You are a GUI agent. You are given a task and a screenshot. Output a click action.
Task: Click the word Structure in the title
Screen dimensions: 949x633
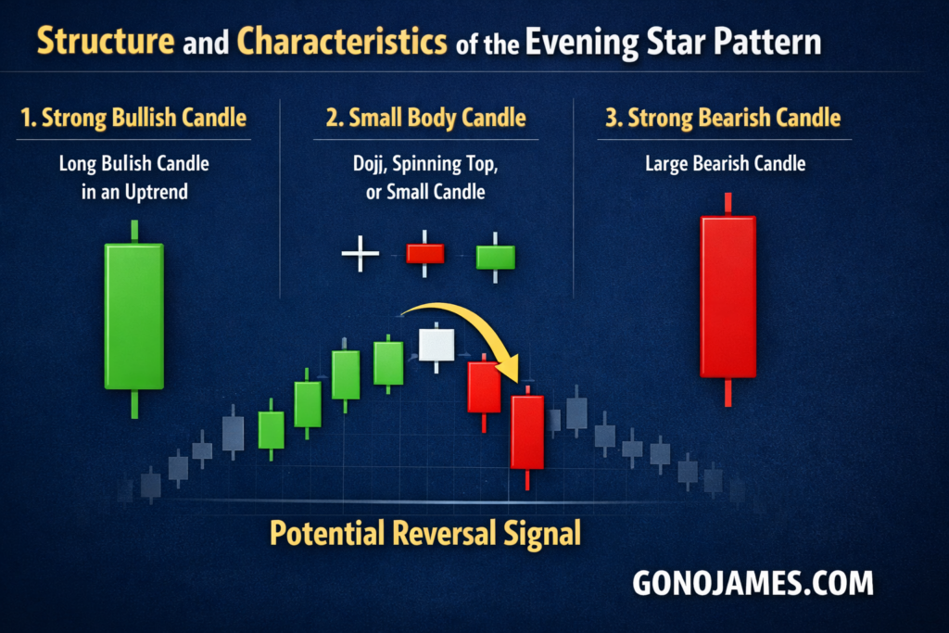106,41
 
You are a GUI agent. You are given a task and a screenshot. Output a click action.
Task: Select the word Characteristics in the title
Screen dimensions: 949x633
342,41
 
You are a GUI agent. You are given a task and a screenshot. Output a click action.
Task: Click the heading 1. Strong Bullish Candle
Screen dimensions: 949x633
133,118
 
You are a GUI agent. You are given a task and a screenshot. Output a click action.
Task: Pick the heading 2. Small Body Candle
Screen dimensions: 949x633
426,118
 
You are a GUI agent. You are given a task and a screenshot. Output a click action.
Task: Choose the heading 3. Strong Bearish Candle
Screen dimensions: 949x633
723,118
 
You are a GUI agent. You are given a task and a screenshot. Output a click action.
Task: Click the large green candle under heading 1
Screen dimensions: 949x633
134,319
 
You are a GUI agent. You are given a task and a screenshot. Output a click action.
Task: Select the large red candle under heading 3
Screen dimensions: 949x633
728,299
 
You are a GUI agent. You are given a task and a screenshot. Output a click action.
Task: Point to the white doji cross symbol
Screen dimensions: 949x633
361,254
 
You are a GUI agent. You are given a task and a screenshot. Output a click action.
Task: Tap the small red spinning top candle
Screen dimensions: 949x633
424,254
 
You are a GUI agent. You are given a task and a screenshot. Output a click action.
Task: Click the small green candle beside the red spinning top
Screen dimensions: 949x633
495,257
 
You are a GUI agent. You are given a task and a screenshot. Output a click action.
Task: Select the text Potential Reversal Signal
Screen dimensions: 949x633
424,533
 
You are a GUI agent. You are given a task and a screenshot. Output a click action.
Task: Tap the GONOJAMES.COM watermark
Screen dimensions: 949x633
753,583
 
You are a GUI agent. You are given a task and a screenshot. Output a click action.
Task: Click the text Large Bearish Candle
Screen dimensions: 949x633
725,163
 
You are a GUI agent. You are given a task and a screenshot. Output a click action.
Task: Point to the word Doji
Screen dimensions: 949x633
369,164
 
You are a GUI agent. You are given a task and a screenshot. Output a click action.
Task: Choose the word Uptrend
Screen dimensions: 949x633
156,193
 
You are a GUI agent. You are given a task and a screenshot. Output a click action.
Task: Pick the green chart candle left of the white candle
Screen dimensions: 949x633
388,363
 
